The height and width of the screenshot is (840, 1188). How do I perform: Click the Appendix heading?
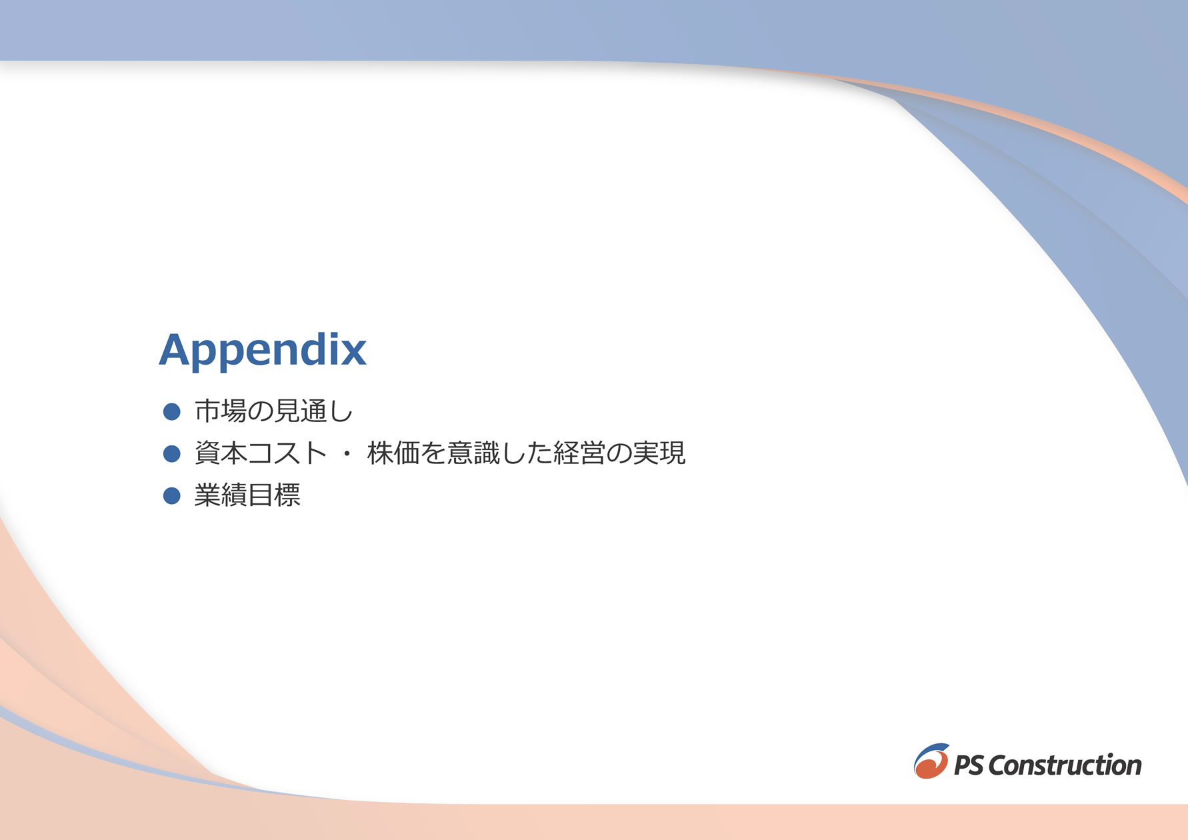pyautogui.click(x=263, y=350)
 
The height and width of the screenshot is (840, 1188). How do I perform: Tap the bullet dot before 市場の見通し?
pyautogui.click(x=172, y=411)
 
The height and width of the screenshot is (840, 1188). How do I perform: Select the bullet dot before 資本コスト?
pyautogui.click(x=172, y=453)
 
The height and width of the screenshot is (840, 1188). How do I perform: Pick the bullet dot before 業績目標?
pyautogui.click(x=172, y=495)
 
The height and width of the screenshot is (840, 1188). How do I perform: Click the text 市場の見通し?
pyautogui.click(x=273, y=411)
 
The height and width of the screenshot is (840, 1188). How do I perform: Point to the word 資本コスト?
pyautogui.click(x=261, y=453)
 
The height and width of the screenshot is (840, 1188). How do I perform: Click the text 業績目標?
pyautogui.click(x=247, y=495)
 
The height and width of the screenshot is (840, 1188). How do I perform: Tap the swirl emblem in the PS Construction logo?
pyautogui.click(x=931, y=761)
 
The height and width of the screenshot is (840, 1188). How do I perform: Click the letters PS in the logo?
pyautogui.click(x=969, y=765)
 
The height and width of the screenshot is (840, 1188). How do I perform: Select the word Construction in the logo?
pyautogui.click(x=1065, y=765)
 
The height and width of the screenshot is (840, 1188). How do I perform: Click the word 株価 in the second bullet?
pyautogui.click(x=393, y=453)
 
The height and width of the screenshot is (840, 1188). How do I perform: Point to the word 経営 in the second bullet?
pyautogui.click(x=579, y=453)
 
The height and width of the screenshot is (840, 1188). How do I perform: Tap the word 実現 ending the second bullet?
pyautogui.click(x=659, y=453)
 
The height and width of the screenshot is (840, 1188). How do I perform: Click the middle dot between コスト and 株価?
pyautogui.click(x=347, y=453)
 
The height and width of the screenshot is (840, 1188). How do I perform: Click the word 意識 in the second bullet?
pyautogui.click(x=473, y=453)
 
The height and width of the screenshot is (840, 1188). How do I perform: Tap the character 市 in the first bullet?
pyautogui.click(x=207, y=411)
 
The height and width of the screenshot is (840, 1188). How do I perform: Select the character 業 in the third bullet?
pyautogui.click(x=207, y=495)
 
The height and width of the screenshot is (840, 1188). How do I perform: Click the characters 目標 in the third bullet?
pyautogui.click(x=274, y=495)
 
